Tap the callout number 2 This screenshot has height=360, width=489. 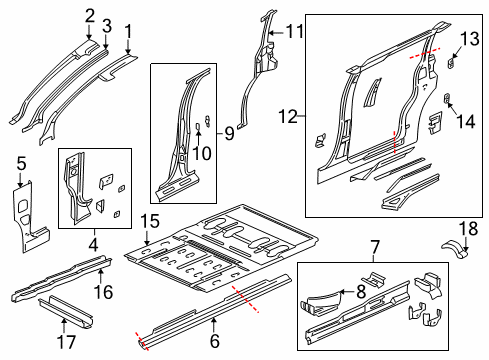[90, 14]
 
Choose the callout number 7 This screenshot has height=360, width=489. [375, 246]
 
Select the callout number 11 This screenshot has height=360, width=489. [294, 31]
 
